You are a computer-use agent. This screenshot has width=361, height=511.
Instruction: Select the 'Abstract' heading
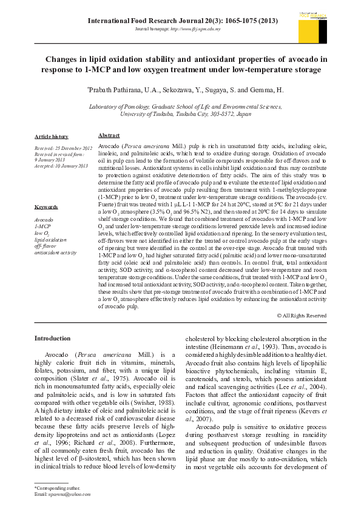pyautogui.click(x=109, y=136)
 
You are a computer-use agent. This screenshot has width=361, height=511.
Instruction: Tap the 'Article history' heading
pyautogui.click(x=52, y=137)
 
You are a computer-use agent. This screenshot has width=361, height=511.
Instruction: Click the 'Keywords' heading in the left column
pyautogui.click(x=46, y=207)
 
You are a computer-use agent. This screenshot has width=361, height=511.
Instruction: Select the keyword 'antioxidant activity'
pyautogui.click(x=55, y=252)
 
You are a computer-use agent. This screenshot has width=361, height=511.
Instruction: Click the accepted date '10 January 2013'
pyautogui.click(x=70, y=166)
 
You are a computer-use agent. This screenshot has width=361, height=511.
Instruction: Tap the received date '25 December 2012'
pyautogui.click(x=73, y=148)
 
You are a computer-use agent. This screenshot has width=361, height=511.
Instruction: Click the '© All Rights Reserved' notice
pyautogui.click(x=301, y=316)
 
